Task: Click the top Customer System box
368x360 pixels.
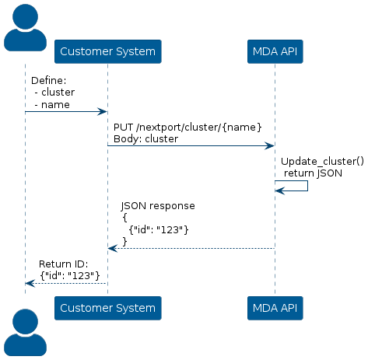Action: pos(108,51)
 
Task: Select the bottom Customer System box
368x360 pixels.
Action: pos(108,308)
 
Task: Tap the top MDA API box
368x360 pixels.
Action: pos(275,51)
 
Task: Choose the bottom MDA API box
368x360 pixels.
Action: pos(275,308)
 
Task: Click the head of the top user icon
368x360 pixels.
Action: pos(25,16)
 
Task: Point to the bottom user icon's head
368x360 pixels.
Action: pos(25,322)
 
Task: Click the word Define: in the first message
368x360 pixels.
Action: pos(49,81)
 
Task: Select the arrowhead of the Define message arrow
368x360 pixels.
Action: pos(102,112)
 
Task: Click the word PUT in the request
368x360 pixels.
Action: pos(124,127)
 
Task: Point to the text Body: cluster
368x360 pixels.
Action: pos(145,139)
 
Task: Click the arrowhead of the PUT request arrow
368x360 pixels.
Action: pos(269,145)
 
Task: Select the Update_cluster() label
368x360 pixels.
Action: pos(322,161)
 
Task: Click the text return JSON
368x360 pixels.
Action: pos(313,173)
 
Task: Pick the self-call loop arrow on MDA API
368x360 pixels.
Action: pos(307,186)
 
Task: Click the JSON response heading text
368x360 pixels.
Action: pos(158,206)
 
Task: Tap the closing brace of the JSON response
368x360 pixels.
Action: pos(124,241)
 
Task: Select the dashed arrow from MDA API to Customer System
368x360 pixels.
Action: pos(191,249)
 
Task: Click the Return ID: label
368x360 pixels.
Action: pos(64,264)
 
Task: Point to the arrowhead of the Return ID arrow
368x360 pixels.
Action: pos(30,283)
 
